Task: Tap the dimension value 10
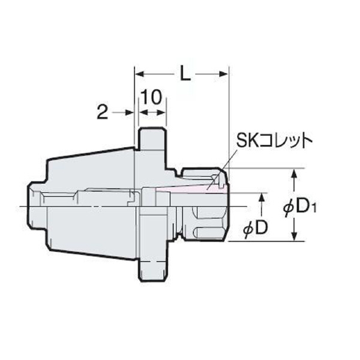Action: click(x=152, y=98)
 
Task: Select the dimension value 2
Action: click(x=102, y=112)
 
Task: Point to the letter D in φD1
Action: click(x=305, y=207)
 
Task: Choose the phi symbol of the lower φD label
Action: click(x=250, y=229)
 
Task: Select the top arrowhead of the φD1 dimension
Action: click(x=294, y=174)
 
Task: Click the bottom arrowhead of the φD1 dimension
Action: click(x=294, y=236)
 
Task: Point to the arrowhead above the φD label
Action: click(x=262, y=197)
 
